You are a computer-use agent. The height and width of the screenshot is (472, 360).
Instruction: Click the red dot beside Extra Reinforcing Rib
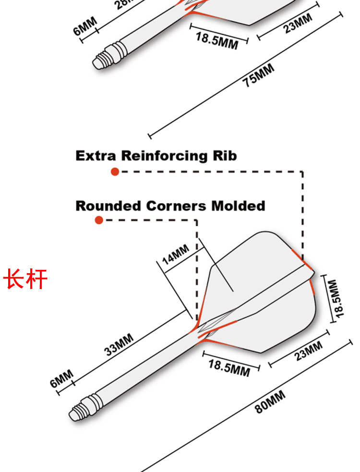click(x=115, y=171)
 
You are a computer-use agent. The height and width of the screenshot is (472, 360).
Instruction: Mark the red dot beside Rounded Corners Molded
click(x=99, y=220)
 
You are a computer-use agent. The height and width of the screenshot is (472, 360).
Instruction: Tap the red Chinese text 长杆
click(x=26, y=279)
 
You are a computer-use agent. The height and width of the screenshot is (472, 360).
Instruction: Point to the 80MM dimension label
click(x=270, y=402)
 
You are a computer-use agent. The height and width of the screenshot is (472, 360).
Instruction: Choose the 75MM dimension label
click(x=258, y=75)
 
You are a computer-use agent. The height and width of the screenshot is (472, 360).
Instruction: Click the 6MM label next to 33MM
click(x=62, y=379)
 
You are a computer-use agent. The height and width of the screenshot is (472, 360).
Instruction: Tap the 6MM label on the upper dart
click(x=85, y=26)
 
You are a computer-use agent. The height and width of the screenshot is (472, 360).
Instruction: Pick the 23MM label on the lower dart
click(x=308, y=351)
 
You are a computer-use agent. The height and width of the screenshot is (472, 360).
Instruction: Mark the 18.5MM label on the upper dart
click(x=217, y=40)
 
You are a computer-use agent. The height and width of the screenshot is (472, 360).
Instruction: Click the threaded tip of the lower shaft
click(x=80, y=409)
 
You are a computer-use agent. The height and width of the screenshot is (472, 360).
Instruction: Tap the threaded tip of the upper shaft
click(x=102, y=61)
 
